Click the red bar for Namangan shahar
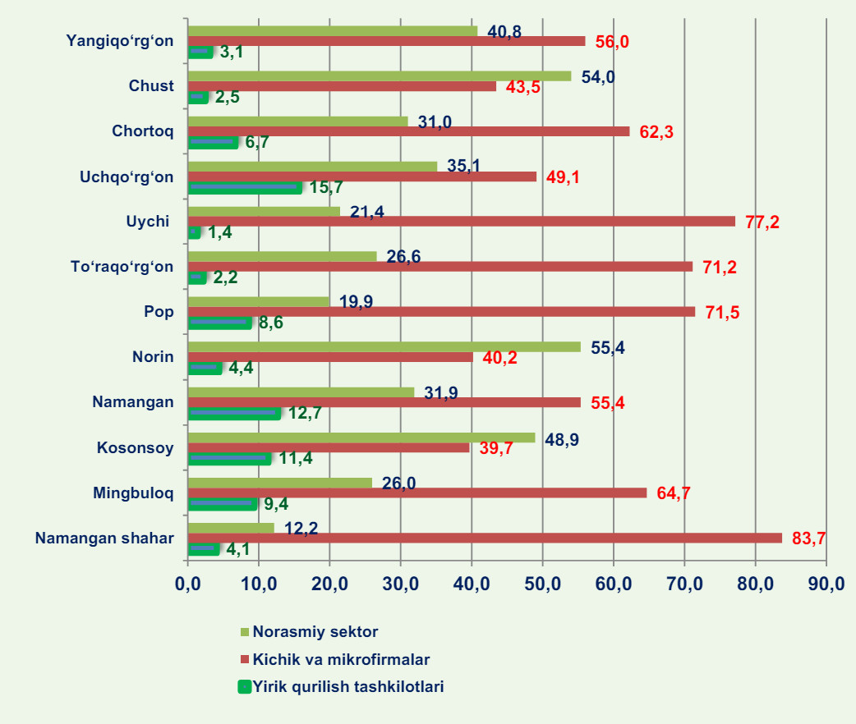pos(485,538)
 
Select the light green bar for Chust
pos(380,76)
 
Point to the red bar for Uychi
pos(462,221)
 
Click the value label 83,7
pos(808,538)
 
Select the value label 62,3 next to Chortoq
pos(656,132)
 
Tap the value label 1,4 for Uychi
pos(219,233)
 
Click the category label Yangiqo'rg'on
pos(120,40)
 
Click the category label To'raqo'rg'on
pos(123,267)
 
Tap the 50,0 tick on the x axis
pos(542,584)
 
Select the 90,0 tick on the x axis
pos(826,584)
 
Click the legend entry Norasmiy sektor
pos(315,632)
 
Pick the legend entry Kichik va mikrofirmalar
pos(341,659)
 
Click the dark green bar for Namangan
pos(234,413)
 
